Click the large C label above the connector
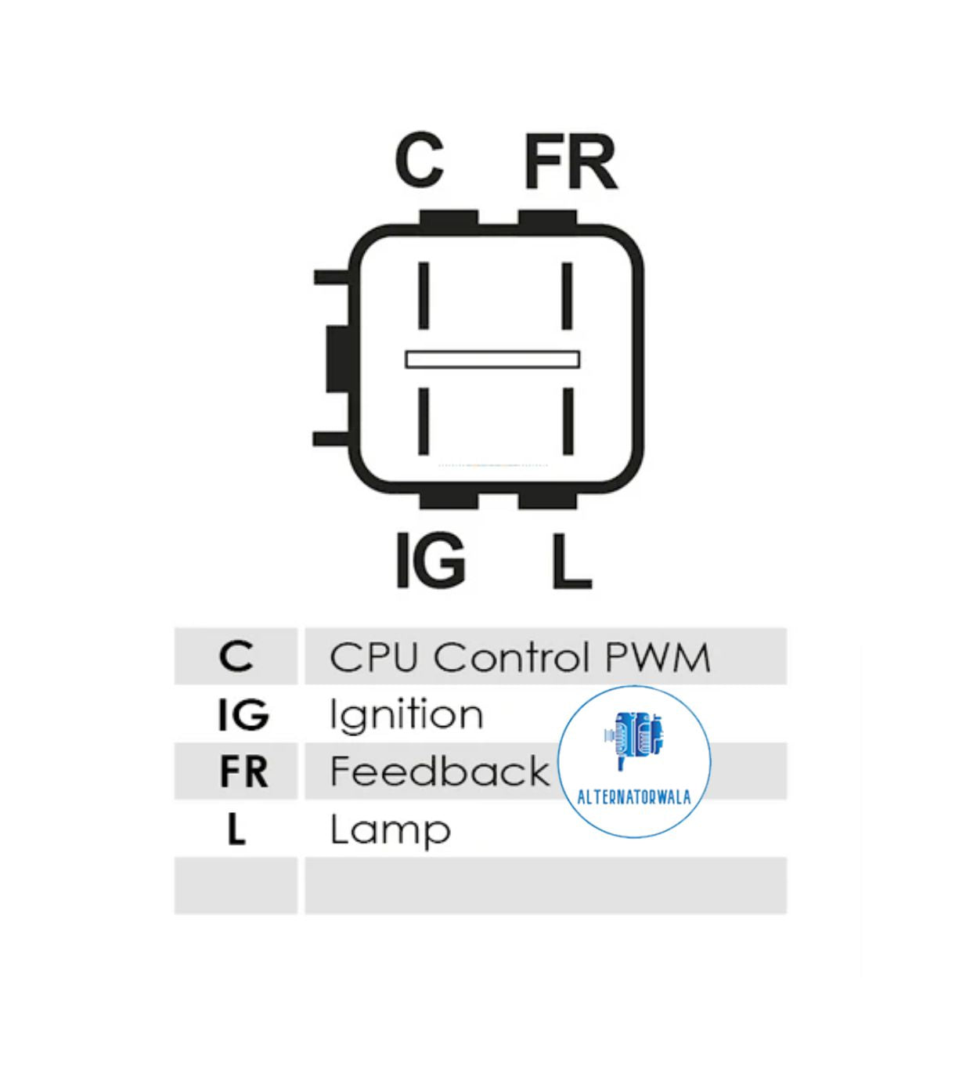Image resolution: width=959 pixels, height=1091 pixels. point(420,161)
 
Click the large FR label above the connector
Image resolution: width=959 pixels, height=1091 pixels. point(570,162)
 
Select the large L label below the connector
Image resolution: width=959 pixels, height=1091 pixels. point(571,561)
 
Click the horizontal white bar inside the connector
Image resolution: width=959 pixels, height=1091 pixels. point(492,359)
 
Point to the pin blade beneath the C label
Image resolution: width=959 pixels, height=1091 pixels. point(424,296)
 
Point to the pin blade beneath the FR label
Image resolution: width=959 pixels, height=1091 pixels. point(567,296)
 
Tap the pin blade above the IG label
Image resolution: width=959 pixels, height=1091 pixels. point(424,421)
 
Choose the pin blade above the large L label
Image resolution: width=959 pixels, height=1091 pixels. point(568,421)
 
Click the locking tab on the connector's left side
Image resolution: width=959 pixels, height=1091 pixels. point(337,359)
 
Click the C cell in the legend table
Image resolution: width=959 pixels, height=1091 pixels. point(236,656)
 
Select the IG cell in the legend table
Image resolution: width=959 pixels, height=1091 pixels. point(243,714)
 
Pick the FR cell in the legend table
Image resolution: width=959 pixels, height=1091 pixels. point(243,771)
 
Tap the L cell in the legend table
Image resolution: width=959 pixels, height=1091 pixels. point(236,829)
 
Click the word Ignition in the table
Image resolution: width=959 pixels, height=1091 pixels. point(406,715)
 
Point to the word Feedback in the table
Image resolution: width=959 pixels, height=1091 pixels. point(439,771)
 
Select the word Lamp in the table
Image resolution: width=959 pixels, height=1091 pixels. point(390,830)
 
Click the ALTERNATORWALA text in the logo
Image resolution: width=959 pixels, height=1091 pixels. point(633,797)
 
